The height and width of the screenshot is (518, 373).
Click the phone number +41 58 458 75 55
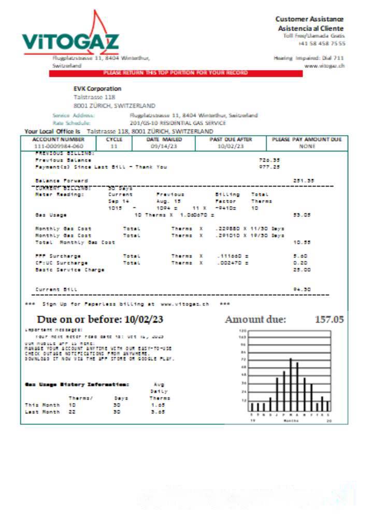(x=322, y=44)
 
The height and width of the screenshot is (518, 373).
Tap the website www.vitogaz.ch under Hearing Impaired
(x=325, y=66)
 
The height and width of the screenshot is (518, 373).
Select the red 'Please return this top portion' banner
(x=175, y=73)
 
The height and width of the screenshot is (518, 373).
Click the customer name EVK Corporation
(x=97, y=89)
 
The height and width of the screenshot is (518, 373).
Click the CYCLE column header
(x=114, y=140)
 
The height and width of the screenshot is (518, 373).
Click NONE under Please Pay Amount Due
(x=307, y=147)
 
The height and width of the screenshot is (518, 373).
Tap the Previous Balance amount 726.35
(x=269, y=160)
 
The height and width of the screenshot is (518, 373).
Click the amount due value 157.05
(x=329, y=320)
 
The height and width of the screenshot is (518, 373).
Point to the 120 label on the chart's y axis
(x=242, y=330)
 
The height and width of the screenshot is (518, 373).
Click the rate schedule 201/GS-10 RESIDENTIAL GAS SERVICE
(x=178, y=123)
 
